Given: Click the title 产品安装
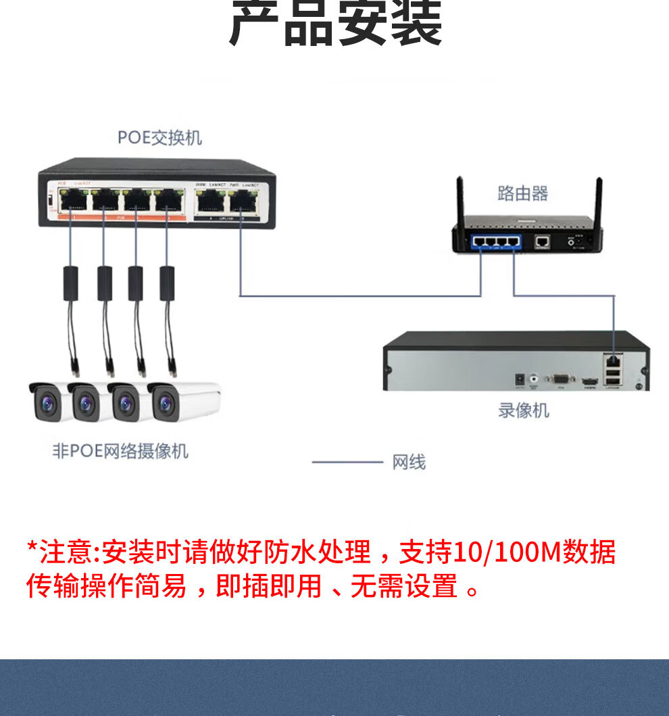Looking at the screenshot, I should pyautogui.click(x=335, y=24).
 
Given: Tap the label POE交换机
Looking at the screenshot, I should pyautogui.click(x=159, y=138).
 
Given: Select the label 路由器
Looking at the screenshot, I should pyautogui.click(x=522, y=194).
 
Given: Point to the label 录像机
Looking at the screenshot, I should pyautogui.click(x=524, y=410).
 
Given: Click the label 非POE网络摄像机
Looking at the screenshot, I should pyautogui.click(x=120, y=451).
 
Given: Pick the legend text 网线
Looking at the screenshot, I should pyautogui.click(x=409, y=463).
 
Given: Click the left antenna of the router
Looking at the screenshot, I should pyautogui.click(x=460, y=203).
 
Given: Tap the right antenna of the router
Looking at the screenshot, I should pyautogui.click(x=599, y=203).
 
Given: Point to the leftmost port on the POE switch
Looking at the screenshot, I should pyautogui.click(x=72, y=199).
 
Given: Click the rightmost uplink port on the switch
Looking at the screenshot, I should pyautogui.click(x=242, y=200).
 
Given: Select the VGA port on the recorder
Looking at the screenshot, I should pyautogui.click(x=560, y=380).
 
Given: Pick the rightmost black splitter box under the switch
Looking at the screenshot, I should pyautogui.click(x=167, y=283).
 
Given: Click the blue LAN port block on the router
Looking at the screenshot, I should pyautogui.click(x=497, y=241).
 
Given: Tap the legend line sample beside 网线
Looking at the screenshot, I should pyautogui.click(x=347, y=462).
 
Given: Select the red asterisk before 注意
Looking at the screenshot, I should pyautogui.click(x=32, y=547).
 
